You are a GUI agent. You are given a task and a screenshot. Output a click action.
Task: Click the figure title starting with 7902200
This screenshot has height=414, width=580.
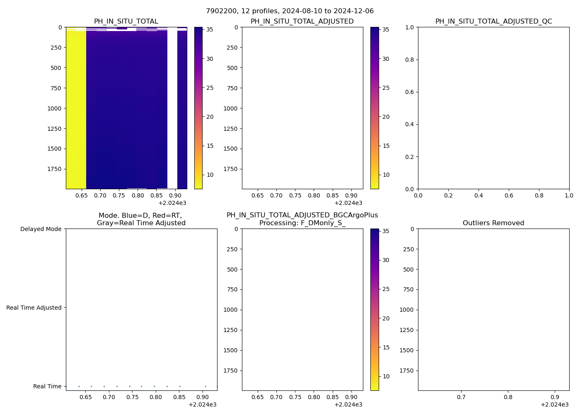click(290, 11)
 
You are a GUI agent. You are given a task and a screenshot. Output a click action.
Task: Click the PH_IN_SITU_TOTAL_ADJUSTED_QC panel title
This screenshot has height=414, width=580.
click(493, 22)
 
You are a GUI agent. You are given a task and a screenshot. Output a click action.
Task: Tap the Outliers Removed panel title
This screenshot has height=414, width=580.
click(493, 223)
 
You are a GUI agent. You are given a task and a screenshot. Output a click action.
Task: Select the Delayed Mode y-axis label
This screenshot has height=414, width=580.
click(41, 229)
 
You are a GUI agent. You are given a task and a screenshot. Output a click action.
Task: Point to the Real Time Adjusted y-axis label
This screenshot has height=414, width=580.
click(34, 308)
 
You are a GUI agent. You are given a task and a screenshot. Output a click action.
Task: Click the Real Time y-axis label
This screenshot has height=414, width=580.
click(47, 386)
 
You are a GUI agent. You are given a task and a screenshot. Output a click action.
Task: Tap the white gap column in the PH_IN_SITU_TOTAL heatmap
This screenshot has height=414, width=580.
click(172, 108)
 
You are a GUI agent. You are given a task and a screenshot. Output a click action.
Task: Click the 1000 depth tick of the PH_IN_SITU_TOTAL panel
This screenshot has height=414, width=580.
click(54, 108)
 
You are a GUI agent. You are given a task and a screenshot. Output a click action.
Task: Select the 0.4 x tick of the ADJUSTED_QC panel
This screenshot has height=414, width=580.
click(479, 195)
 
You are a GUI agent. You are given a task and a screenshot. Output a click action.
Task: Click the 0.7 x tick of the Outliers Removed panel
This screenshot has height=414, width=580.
click(461, 397)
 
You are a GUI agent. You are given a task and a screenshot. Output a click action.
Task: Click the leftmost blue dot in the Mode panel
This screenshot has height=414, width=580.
click(79, 386)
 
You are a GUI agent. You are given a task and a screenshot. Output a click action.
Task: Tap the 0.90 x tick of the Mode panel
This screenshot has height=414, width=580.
click(203, 397)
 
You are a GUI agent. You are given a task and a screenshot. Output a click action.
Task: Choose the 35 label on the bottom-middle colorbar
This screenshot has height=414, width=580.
click(386, 231)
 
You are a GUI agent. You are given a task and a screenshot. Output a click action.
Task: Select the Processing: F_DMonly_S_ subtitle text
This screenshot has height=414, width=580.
click(302, 223)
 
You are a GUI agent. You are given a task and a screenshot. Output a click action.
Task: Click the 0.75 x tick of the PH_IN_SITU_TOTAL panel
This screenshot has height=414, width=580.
click(119, 195)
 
